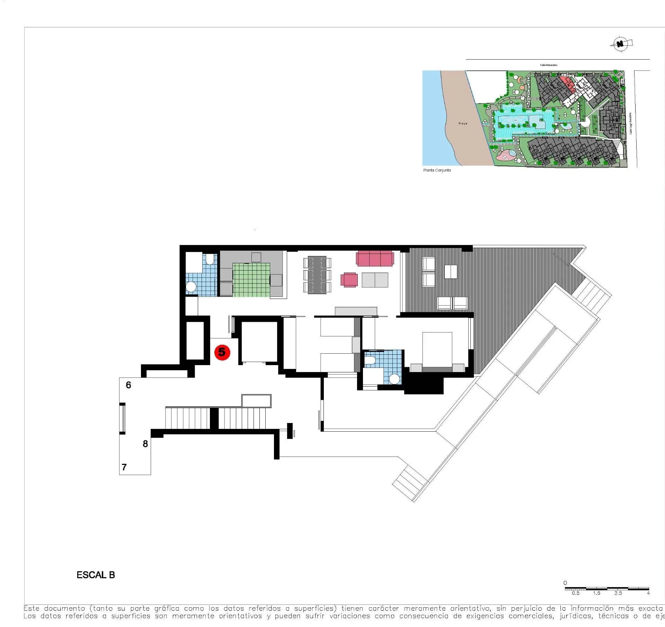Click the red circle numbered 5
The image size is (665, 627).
(x=222, y=352)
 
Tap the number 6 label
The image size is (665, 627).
(x=128, y=385)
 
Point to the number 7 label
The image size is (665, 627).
(x=124, y=467)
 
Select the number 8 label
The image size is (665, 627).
(x=145, y=443)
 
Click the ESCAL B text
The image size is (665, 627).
(x=96, y=575)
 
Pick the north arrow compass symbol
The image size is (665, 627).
(x=621, y=44)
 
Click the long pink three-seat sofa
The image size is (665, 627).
(x=375, y=259)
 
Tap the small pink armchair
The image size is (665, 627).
(x=349, y=280)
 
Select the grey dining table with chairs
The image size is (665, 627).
(x=317, y=275)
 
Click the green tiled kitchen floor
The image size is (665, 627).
(x=251, y=280)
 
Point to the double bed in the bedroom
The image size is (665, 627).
(x=437, y=350)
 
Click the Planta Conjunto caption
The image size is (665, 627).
(x=437, y=170)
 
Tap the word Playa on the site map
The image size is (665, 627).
(x=463, y=124)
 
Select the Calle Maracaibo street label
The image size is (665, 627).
(x=549, y=65)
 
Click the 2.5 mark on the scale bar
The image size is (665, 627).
(x=618, y=593)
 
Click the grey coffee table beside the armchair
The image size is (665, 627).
(x=375, y=280)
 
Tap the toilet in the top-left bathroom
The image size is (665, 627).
(x=210, y=259)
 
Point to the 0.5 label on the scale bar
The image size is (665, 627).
(x=576, y=593)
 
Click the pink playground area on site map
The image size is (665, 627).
(x=506, y=154)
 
